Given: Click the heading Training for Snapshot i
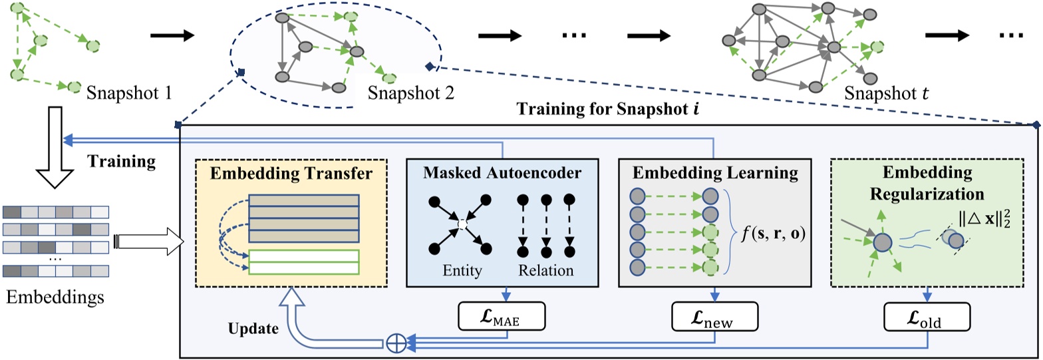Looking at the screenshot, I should [603, 108].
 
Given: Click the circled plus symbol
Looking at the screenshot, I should [395, 343].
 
